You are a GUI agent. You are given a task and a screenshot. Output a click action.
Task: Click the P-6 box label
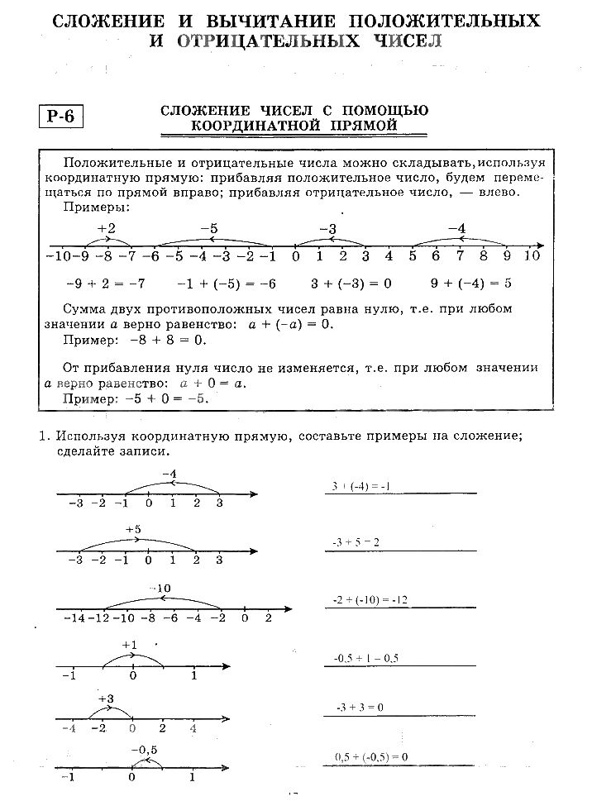click(61, 117)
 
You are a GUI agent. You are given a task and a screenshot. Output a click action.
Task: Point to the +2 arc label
click(107, 228)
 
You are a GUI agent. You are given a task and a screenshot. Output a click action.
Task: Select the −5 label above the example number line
click(209, 228)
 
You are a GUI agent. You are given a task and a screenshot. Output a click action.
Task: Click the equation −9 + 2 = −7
click(106, 283)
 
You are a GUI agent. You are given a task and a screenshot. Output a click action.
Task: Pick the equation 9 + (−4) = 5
click(471, 283)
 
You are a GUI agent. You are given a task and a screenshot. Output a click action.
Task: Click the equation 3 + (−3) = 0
click(351, 283)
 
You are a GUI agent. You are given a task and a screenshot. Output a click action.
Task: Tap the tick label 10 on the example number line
click(532, 255)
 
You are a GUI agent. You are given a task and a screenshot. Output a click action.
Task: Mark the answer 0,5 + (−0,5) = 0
click(372, 756)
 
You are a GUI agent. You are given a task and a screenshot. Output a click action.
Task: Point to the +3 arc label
click(106, 698)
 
